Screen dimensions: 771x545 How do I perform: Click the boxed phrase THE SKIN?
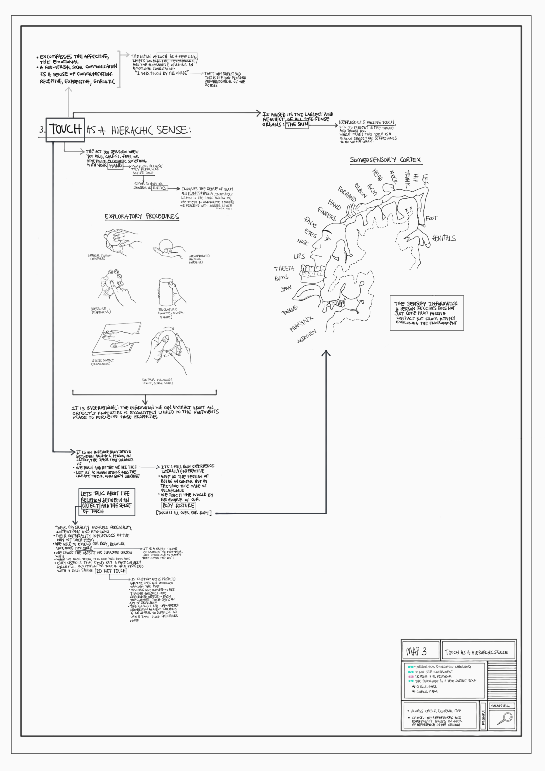point(297,124)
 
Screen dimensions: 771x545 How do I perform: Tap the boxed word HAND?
point(115,166)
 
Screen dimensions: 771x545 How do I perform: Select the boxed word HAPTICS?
point(159,188)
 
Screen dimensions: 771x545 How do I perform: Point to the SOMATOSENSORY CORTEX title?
point(385,160)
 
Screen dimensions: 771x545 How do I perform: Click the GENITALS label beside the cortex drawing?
point(444,238)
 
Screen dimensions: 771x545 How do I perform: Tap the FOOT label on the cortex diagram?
point(431,218)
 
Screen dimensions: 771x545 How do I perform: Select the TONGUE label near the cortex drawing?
point(289,310)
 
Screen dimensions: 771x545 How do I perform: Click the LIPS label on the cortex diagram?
point(299,256)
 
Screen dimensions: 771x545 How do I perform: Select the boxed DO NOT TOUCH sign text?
point(111,571)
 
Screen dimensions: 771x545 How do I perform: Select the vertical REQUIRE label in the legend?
point(483,718)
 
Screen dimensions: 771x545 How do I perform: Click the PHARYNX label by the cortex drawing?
point(301,323)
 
